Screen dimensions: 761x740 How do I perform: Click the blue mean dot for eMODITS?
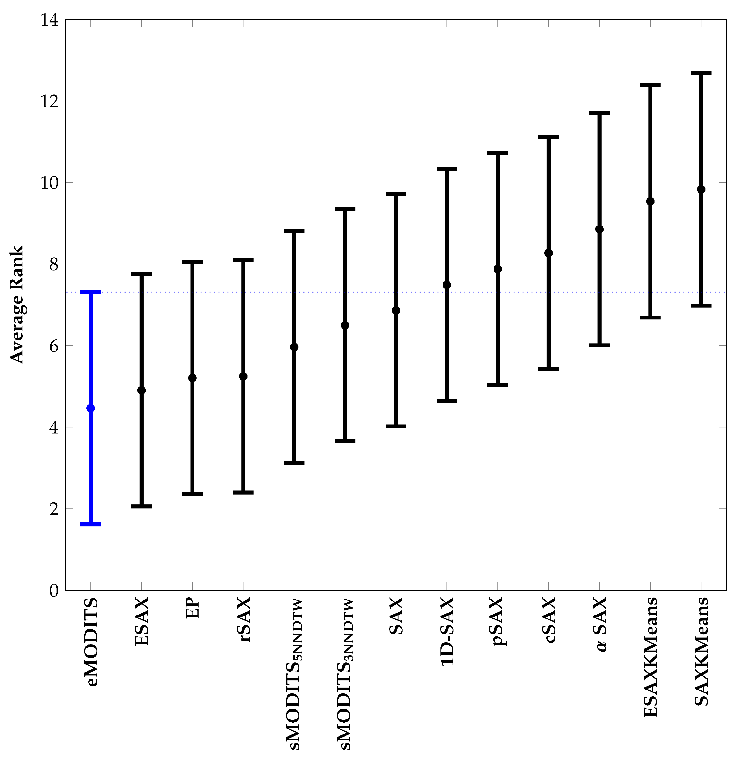(91, 408)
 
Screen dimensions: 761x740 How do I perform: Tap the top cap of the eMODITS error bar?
(91, 292)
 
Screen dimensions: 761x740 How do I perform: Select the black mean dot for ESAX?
(141, 390)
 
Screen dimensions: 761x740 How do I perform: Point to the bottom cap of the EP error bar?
(192, 494)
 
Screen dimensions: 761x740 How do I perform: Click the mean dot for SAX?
(396, 310)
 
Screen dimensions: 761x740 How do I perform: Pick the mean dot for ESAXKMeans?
(650, 201)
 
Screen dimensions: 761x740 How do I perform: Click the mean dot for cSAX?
(548, 253)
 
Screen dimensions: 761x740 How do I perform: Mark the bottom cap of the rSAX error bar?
(243, 492)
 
